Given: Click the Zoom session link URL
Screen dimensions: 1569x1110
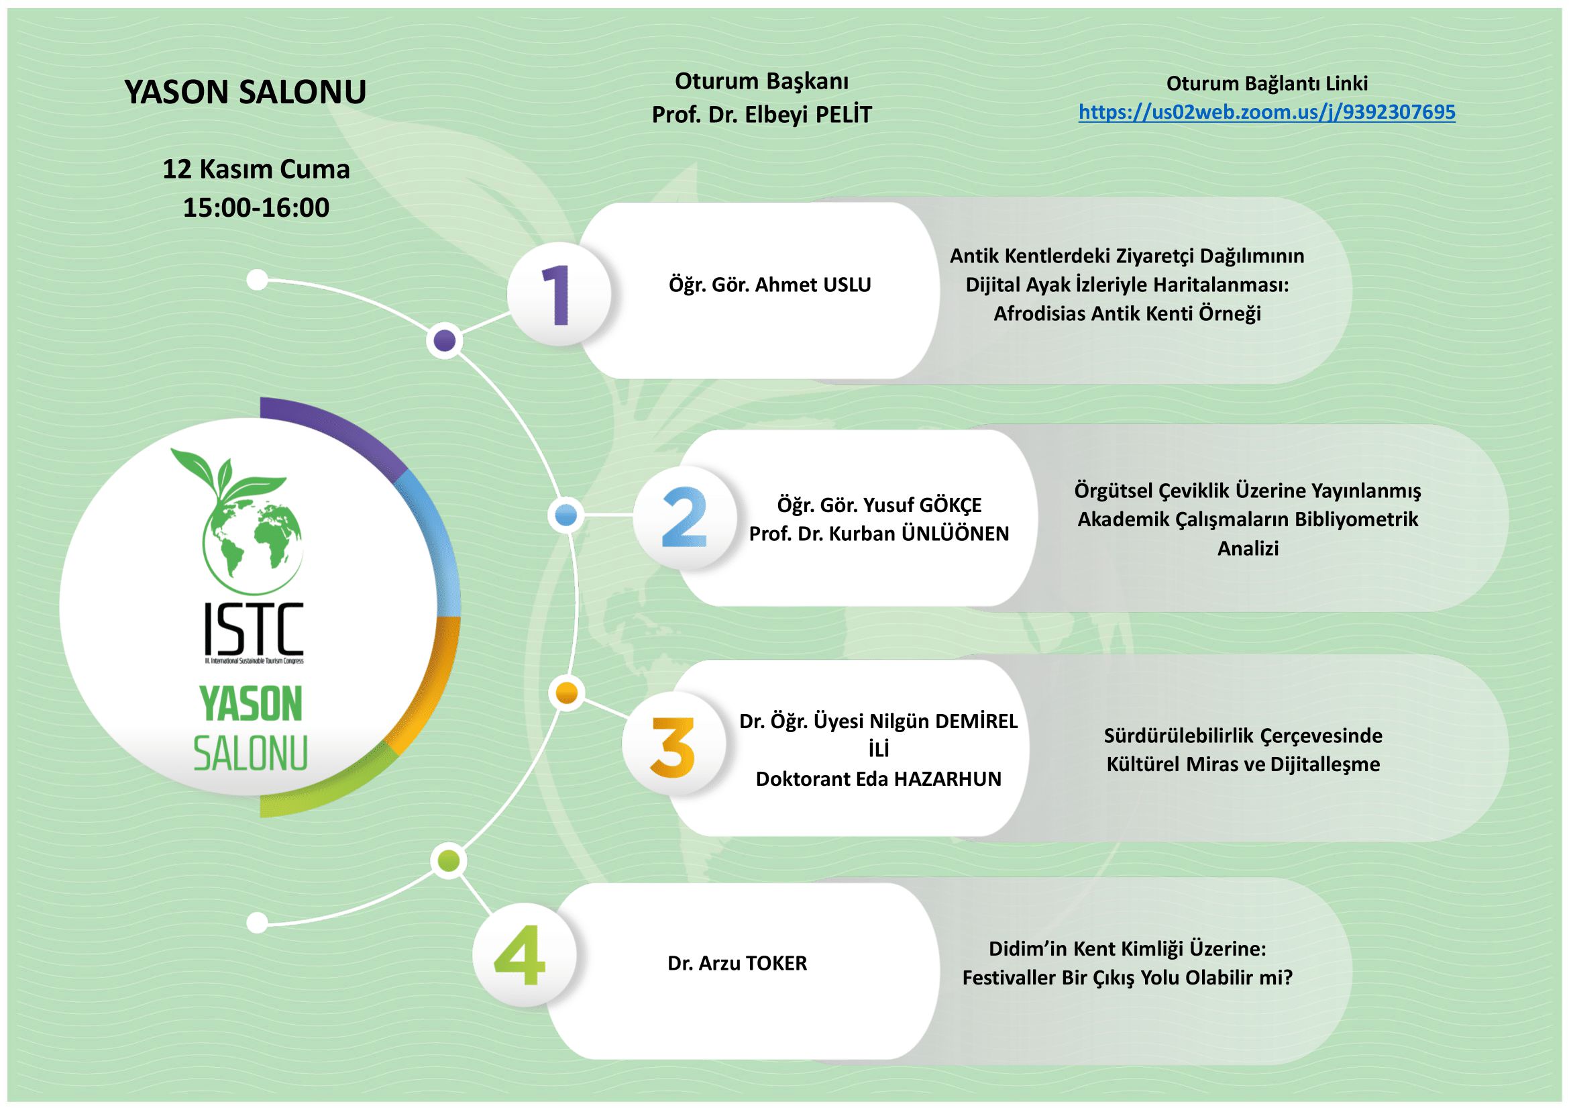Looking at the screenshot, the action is click(1267, 112).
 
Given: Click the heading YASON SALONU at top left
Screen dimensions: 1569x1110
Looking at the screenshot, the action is click(246, 92).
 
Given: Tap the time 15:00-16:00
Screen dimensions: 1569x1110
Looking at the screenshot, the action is click(256, 207).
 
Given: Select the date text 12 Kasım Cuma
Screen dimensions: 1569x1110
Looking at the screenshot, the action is click(256, 169).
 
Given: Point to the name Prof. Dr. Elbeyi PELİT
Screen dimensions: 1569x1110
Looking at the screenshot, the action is click(762, 115).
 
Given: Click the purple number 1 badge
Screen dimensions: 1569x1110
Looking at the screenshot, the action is click(559, 295).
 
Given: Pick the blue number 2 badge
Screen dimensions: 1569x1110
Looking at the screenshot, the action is click(684, 517).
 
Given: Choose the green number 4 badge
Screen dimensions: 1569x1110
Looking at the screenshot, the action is click(524, 956).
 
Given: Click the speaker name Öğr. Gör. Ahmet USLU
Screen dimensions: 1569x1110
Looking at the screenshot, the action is click(769, 285).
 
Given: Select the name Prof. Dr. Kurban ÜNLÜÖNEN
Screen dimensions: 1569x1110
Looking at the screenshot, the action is click(879, 534).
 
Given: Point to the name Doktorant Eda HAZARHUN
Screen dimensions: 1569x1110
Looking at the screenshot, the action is click(878, 778).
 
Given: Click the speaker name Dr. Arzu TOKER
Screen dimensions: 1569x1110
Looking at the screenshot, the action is click(737, 963).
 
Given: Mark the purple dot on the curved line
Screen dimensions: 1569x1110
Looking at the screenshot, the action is click(445, 340).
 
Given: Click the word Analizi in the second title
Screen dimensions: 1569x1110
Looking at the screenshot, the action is click(1248, 548).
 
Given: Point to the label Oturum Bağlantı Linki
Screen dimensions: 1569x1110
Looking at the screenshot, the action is click(1267, 83).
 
